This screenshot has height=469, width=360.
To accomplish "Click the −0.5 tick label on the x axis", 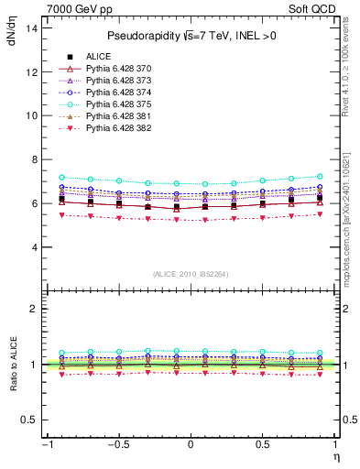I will point(117,445).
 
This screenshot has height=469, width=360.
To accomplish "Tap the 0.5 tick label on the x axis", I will point(262,445).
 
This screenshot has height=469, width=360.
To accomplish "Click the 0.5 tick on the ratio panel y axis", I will point(29,420).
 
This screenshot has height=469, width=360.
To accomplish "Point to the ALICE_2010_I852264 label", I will point(191,274).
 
